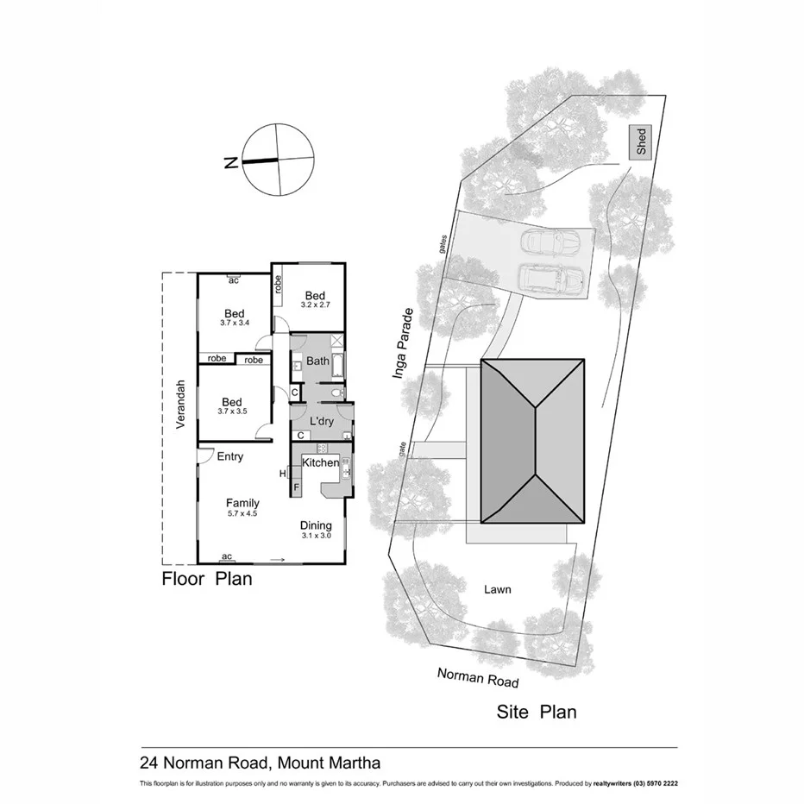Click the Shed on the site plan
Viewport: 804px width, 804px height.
pyautogui.click(x=641, y=142)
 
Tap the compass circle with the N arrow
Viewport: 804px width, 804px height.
pyautogui.click(x=278, y=160)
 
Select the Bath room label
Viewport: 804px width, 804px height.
pyautogui.click(x=317, y=361)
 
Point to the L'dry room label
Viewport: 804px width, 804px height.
pyautogui.click(x=321, y=421)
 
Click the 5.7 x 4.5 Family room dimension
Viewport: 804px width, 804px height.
pyautogui.click(x=242, y=513)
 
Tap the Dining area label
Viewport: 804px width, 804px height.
pyautogui.click(x=316, y=525)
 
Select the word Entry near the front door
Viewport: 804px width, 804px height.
pyautogui.click(x=229, y=457)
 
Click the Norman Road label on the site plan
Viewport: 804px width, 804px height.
pyautogui.click(x=478, y=678)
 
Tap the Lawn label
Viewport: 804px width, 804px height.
pyautogui.click(x=498, y=590)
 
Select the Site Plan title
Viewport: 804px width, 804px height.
pyautogui.click(x=536, y=713)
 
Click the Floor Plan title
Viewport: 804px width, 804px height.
pyautogui.click(x=207, y=579)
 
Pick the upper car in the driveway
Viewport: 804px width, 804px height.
pyautogui.click(x=554, y=242)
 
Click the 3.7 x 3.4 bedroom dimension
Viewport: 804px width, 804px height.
pyautogui.click(x=234, y=323)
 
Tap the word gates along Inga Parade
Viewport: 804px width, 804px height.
pyautogui.click(x=442, y=245)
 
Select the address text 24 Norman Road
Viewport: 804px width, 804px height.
pyautogui.click(x=205, y=763)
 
